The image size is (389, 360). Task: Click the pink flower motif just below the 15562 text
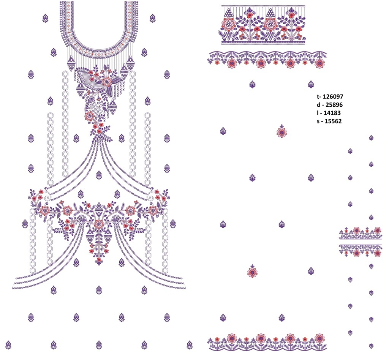coord(281,132)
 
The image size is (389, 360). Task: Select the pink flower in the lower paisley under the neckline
coord(90,116)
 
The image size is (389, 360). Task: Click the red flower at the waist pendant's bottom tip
coord(99,260)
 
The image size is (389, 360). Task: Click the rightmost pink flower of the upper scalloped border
coord(319,63)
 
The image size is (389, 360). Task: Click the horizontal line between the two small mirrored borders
coord(361,239)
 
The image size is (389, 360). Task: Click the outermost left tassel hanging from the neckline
coord(71,63)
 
